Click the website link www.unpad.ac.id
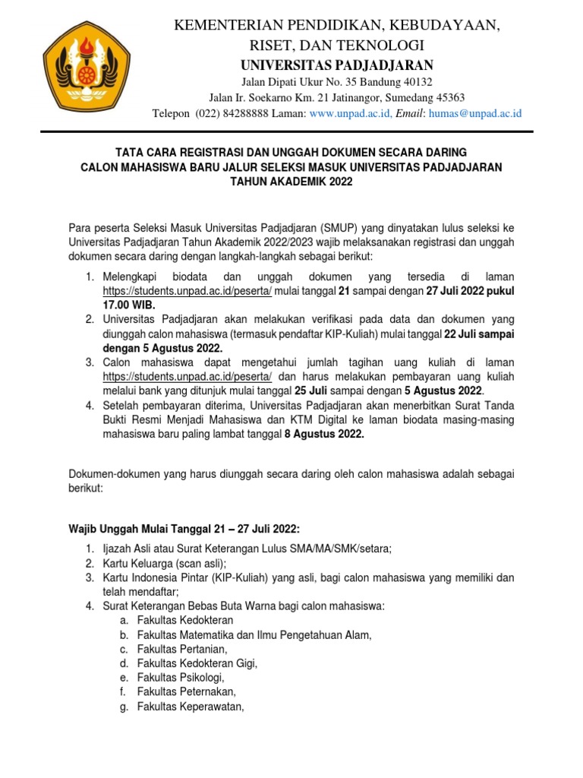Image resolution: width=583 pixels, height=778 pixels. (350, 113)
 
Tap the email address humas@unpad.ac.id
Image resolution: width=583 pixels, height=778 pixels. (475, 113)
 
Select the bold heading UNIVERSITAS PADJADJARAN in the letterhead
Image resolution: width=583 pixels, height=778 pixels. (337, 65)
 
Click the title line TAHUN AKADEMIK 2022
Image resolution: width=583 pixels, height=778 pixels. (292, 182)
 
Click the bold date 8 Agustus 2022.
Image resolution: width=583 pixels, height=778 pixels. (324, 434)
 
